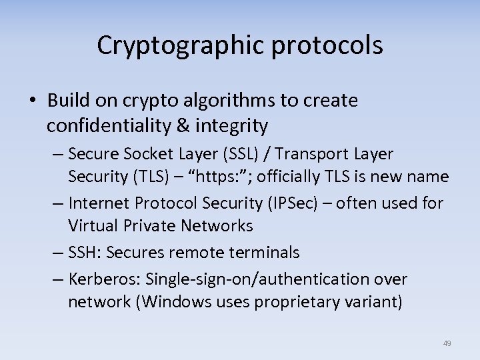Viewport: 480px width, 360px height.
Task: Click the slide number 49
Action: (447, 343)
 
